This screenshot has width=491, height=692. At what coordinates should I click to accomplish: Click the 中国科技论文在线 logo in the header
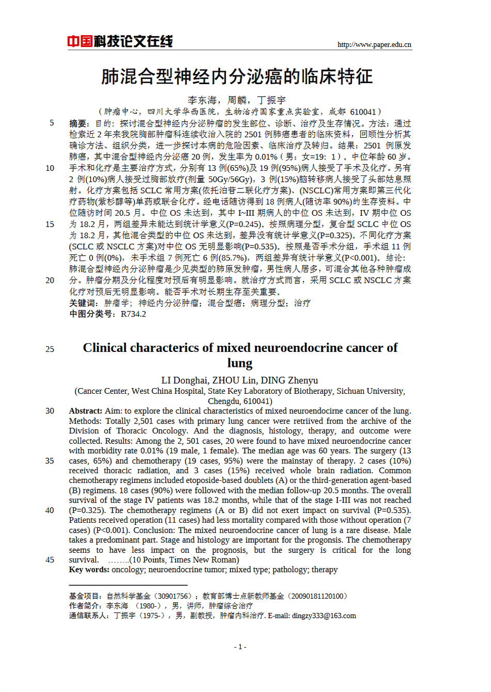click(120, 41)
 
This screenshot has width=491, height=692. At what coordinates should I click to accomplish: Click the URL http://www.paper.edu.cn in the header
click(374, 45)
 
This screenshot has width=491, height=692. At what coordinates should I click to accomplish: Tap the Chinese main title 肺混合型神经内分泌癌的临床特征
click(237, 77)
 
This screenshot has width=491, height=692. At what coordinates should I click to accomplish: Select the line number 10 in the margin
click(50, 168)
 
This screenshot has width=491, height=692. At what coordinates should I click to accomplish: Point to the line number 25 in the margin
click(50, 349)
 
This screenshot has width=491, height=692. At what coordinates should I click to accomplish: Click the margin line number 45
click(50, 560)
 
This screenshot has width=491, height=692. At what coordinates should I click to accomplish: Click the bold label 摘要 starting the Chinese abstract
click(79, 124)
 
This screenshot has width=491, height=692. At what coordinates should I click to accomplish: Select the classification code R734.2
click(133, 314)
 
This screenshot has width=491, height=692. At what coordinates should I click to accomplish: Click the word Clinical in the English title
click(105, 348)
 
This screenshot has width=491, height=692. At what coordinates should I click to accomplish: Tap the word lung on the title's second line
click(240, 363)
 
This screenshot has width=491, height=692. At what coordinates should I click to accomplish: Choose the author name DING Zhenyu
click(289, 381)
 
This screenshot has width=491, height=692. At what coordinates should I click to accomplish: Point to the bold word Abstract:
click(86, 411)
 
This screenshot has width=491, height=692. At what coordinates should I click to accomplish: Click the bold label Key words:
click(89, 570)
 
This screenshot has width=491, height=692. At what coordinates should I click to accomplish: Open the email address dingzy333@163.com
click(324, 616)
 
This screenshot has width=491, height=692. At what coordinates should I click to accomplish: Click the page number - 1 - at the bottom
click(240, 647)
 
